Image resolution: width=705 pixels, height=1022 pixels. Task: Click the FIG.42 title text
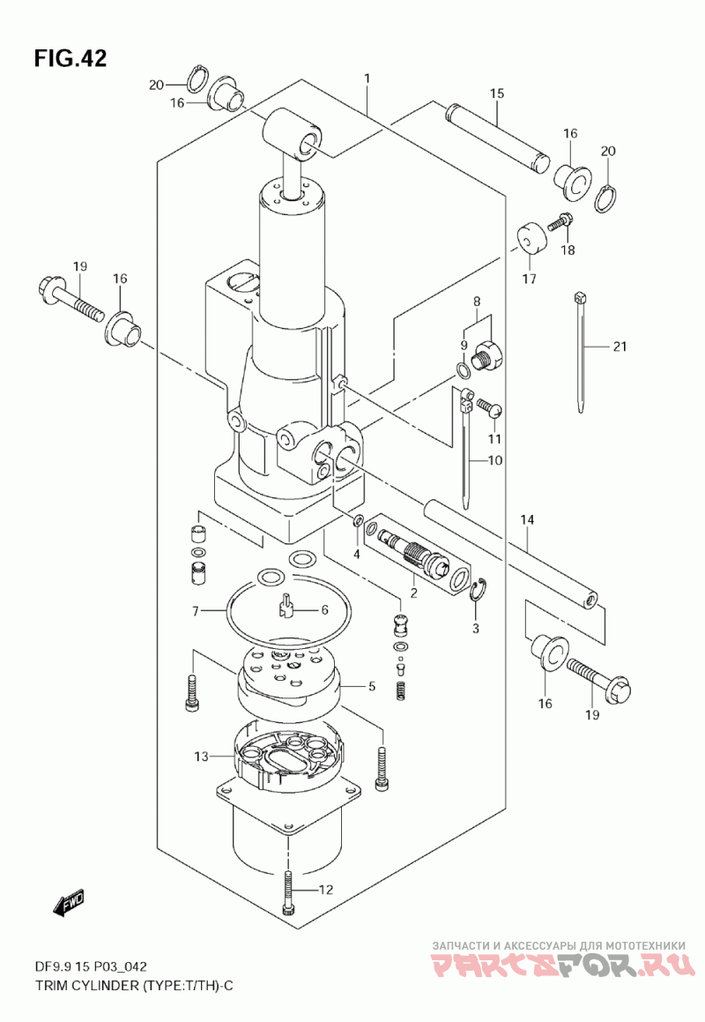(x=70, y=59)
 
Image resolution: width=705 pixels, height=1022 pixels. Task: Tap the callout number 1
(x=367, y=79)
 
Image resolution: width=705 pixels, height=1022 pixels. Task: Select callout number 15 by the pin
(x=497, y=93)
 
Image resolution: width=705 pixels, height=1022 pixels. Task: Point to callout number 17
(x=529, y=279)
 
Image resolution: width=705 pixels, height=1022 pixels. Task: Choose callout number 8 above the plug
(x=477, y=302)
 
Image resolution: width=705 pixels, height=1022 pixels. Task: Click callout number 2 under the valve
(x=414, y=593)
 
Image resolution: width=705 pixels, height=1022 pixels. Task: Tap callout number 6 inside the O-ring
(x=324, y=610)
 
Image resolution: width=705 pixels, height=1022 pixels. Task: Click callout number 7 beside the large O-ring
(x=195, y=611)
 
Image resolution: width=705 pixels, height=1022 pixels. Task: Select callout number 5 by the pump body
(x=372, y=686)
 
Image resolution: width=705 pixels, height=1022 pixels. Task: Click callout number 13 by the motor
(x=201, y=756)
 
